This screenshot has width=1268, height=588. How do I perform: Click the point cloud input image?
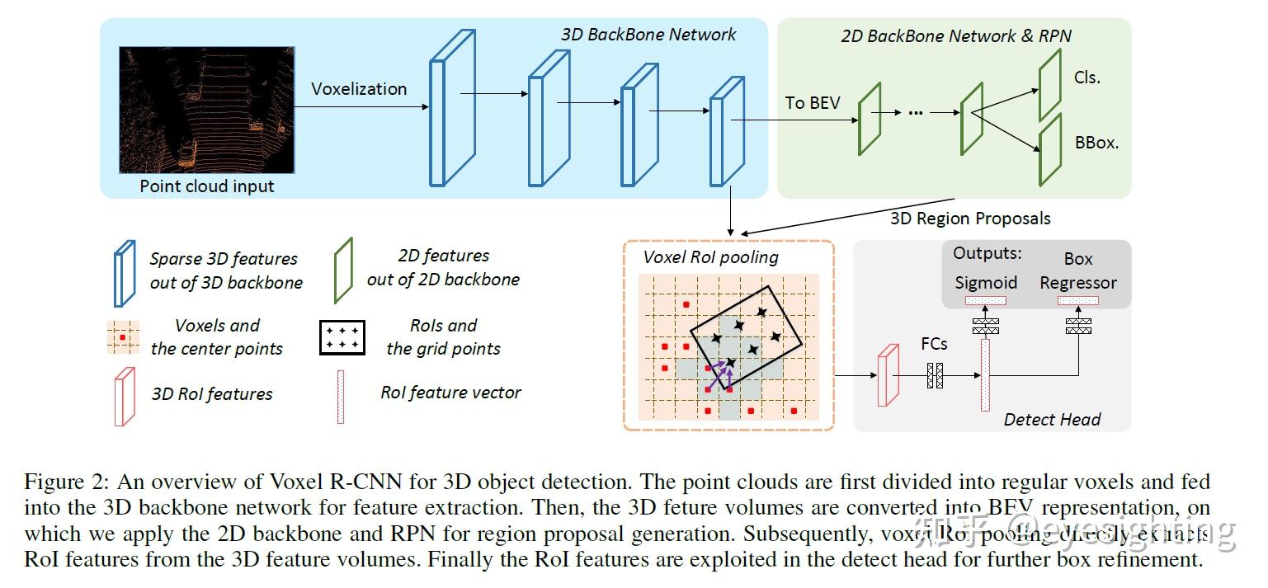pyautogui.click(x=206, y=110)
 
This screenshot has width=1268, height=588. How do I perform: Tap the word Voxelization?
pyautogui.click(x=359, y=89)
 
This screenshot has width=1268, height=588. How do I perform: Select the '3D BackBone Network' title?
pyautogui.click(x=648, y=35)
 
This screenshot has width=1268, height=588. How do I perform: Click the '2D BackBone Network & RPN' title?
pyautogui.click(x=956, y=36)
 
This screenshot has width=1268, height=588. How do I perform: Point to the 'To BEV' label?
pyautogui.click(x=813, y=102)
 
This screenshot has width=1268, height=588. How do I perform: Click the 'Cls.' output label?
pyautogui.click(x=1088, y=78)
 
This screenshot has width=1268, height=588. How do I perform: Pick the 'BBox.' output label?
pyautogui.click(x=1096, y=142)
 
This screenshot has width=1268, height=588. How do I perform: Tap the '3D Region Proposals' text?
pyautogui.click(x=970, y=219)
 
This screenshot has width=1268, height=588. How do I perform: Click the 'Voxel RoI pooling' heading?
pyautogui.click(x=710, y=257)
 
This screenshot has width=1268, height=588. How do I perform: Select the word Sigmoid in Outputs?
pyautogui.click(x=986, y=283)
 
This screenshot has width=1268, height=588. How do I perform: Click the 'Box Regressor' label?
pyautogui.click(x=1077, y=270)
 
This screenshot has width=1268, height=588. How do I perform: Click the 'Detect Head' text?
pyautogui.click(x=1052, y=420)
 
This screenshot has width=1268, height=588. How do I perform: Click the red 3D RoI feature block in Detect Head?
pyautogui.click(x=887, y=375)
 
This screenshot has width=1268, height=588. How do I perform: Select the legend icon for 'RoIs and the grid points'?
pyautogui.click(x=342, y=336)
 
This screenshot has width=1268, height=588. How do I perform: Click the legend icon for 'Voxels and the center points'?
pyautogui.click(x=123, y=337)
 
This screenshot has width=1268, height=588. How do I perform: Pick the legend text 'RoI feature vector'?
pyautogui.click(x=450, y=393)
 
